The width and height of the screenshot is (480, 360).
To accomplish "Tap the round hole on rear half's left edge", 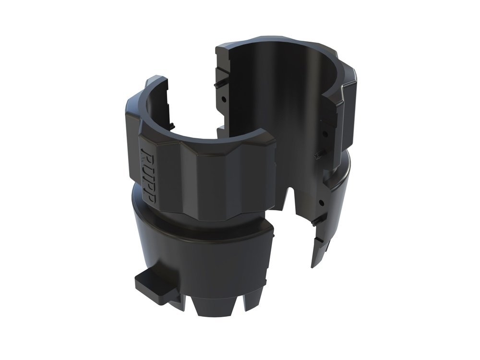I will tap(225, 101).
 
